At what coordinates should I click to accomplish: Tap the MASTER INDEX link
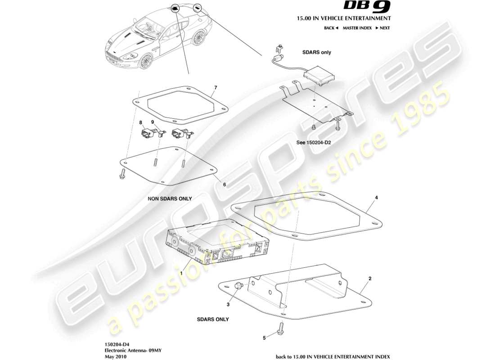click(357, 28)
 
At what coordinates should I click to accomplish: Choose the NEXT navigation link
click(382, 28)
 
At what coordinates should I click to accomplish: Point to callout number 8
click(140, 122)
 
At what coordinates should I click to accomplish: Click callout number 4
click(377, 197)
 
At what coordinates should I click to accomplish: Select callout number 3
click(228, 305)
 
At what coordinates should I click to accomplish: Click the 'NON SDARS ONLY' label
click(170, 198)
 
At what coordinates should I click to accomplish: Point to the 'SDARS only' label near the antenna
click(316, 52)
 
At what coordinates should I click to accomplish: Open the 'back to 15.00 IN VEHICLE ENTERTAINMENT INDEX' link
click(333, 356)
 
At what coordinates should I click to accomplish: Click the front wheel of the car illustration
click(144, 61)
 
